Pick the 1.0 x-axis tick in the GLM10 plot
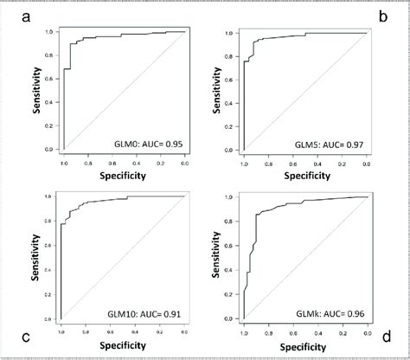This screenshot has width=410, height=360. [62, 330]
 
